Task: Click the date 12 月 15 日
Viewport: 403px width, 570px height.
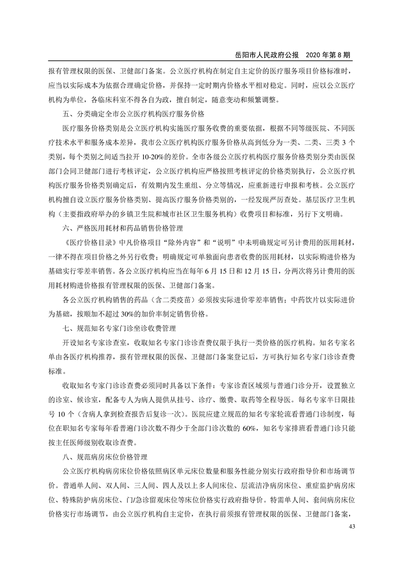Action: [267, 271]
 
